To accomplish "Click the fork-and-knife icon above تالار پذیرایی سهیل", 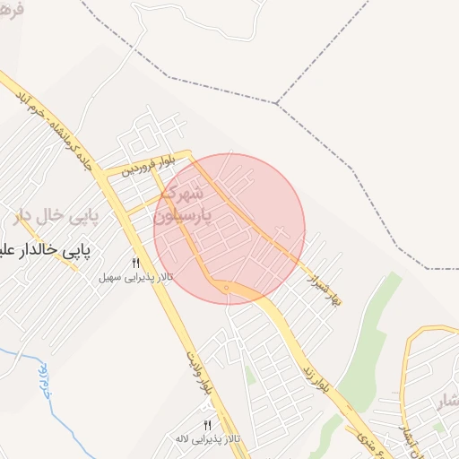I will point(136,263).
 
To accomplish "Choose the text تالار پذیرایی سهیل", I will point(136,278).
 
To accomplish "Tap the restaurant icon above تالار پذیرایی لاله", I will point(208,425).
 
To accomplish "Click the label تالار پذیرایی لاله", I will point(208,439).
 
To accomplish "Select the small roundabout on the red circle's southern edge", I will point(227,288).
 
